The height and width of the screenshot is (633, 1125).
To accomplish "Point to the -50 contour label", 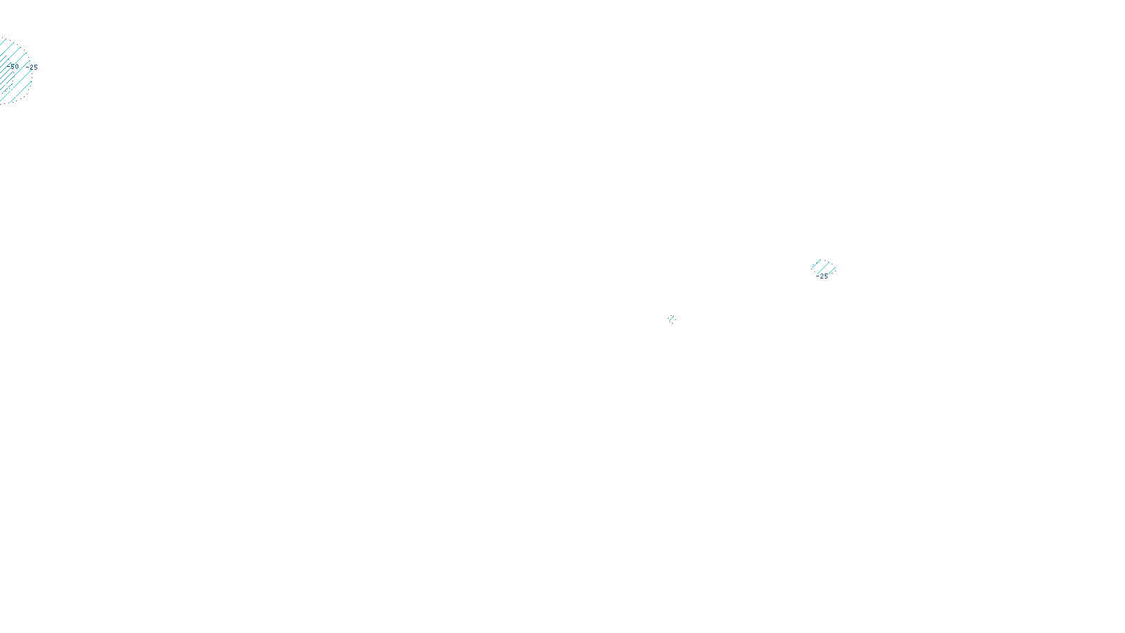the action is (13, 66).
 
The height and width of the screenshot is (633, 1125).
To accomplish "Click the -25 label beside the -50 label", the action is (33, 68).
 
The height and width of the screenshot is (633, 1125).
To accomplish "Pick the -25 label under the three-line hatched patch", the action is (822, 276).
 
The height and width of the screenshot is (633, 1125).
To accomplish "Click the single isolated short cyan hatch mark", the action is (671, 319).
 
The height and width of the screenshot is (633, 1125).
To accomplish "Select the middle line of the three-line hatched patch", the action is (823, 268).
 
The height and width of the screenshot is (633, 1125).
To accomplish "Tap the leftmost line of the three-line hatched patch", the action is (816, 264).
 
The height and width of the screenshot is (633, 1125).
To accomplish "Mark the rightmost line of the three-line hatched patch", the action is (831, 271).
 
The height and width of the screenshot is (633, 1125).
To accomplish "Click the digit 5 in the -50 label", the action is (12, 66).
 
